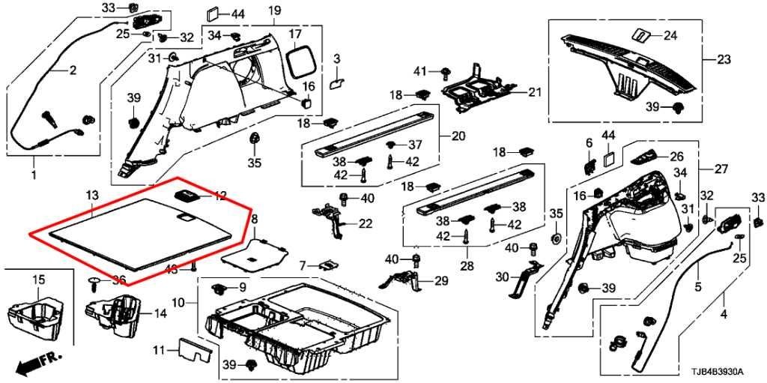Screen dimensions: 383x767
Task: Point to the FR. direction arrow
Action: (x=37, y=363)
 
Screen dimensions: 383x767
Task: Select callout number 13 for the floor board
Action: (x=91, y=195)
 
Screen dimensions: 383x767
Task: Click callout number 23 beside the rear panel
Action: (x=723, y=59)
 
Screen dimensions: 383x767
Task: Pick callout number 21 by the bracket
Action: (x=533, y=92)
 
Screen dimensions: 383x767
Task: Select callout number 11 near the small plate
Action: (x=159, y=351)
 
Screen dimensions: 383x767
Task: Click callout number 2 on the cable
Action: (x=73, y=71)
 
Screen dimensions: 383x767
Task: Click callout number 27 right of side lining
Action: (x=721, y=169)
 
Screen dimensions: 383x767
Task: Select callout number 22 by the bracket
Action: (x=365, y=223)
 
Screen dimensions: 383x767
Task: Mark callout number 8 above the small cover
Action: (x=254, y=218)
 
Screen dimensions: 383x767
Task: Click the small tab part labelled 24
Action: (x=642, y=35)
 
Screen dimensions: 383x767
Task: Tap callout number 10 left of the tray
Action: (x=178, y=304)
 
